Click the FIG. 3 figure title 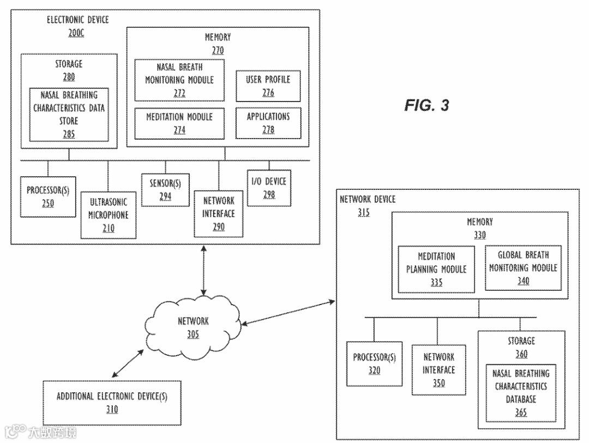(x=426, y=105)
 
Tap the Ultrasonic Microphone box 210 (x=109, y=215)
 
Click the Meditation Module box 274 (x=179, y=123)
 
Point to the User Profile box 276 (x=268, y=86)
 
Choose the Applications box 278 (x=268, y=123)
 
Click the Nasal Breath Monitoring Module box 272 (x=179, y=80)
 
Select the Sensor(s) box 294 (x=165, y=189)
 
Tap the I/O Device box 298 (x=269, y=188)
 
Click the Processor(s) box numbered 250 (x=48, y=196)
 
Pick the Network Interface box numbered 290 (x=219, y=213)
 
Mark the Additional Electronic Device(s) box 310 (x=112, y=403)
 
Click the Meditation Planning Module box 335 (x=436, y=269)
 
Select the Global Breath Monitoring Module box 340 (x=523, y=268)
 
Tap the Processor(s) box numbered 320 (x=374, y=364)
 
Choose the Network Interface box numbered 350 (x=439, y=369)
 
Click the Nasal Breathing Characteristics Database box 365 (x=521, y=392)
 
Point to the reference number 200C (x=77, y=33)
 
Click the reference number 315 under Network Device (x=364, y=213)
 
